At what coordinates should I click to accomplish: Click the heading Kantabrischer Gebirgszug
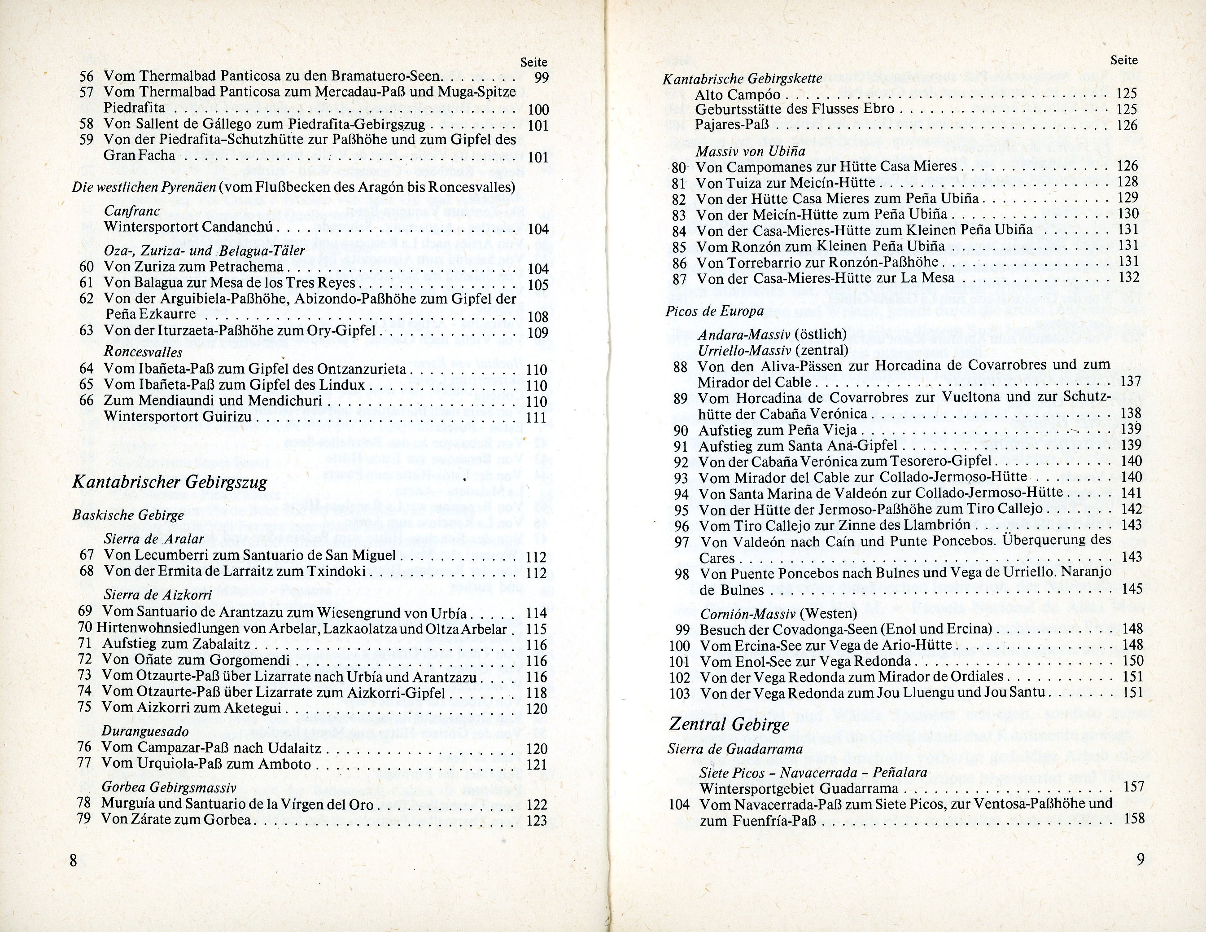coord(170,482)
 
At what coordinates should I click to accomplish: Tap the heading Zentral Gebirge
coord(729,724)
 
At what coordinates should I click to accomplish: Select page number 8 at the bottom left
coord(74,860)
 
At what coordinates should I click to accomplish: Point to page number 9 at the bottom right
coord(1141,860)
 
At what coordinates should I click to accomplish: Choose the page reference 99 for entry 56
coord(541,77)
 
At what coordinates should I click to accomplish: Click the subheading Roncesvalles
coord(143,352)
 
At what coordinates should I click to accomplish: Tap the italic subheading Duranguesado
coord(145,731)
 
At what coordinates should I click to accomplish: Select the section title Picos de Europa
coord(715,311)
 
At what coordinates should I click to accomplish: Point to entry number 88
coord(681,366)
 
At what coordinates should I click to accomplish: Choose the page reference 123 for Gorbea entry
coord(536,820)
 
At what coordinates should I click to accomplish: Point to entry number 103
coord(679,693)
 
